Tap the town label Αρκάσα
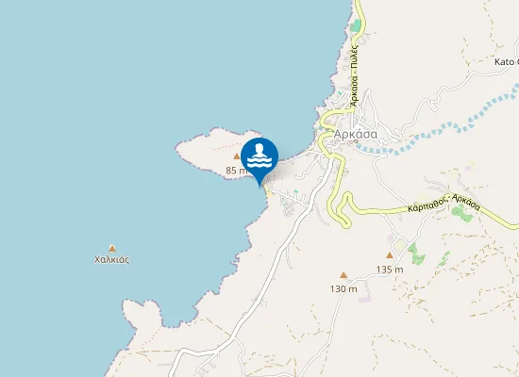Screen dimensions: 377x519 (x=356, y=134)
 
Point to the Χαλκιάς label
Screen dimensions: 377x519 (x=112, y=259)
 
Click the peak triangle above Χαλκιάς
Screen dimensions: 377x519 (x=112, y=247)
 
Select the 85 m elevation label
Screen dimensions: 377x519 (x=236, y=171)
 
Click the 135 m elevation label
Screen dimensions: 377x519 (x=390, y=270)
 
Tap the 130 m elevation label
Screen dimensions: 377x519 (x=343, y=288)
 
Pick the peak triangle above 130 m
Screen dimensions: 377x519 (x=343, y=275)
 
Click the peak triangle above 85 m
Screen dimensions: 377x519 (x=237, y=157)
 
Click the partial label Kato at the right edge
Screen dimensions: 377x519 (x=507, y=62)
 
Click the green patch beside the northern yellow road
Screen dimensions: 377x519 (x=355, y=26)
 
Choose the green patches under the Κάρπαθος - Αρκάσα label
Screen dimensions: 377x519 (x=462, y=212)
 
